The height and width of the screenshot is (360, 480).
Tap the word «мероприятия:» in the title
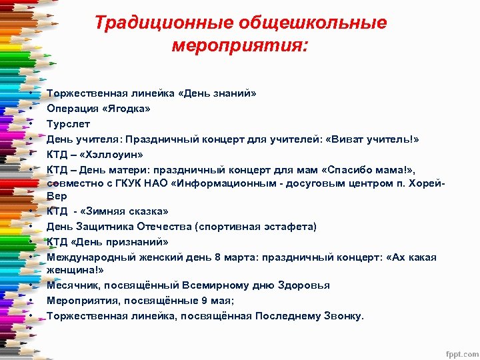pyautogui.click(x=240, y=47)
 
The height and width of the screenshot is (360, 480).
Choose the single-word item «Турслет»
pyautogui.click(x=68, y=124)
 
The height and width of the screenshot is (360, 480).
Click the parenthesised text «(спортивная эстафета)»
pyautogui.click(x=256, y=227)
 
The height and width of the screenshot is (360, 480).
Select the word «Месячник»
pyautogui.click(x=71, y=285)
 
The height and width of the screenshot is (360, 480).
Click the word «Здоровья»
pyautogui.click(x=303, y=285)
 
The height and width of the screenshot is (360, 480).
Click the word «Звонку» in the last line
pyautogui.click(x=343, y=315)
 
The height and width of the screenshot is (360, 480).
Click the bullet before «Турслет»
pyautogui.click(x=31, y=124)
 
